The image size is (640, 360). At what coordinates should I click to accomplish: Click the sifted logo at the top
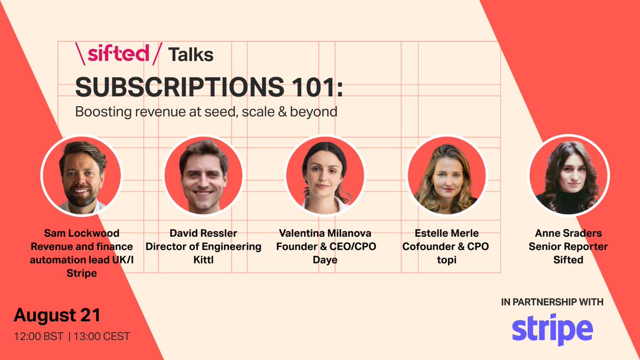click(117, 54)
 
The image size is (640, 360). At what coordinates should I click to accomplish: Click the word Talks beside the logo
click(190, 54)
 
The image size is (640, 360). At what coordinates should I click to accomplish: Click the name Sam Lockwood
click(82, 233)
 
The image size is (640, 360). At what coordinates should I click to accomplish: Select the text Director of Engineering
click(203, 246)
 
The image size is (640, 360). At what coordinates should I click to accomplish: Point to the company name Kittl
click(203, 260)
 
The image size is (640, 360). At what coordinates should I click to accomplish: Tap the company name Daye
click(325, 260)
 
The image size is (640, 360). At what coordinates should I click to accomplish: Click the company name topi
click(446, 260)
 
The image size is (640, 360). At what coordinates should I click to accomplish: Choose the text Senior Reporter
click(568, 246)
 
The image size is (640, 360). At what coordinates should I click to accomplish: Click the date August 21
click(57, 315)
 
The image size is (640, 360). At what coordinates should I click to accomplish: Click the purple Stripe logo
click(552, 329)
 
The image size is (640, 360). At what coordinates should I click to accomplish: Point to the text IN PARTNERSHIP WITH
click(552, 302)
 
